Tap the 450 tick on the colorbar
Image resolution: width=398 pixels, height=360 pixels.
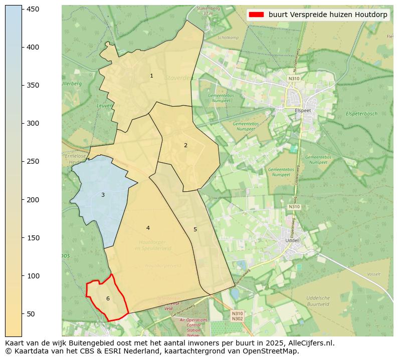click(22, 9)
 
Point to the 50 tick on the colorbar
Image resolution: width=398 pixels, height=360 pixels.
click(22, 314)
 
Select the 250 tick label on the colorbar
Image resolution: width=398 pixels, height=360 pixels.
click(33, 161)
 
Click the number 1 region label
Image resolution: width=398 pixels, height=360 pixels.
click(151, 76)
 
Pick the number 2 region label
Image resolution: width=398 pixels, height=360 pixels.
click(185, 145)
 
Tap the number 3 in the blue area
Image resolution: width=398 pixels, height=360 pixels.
click(103, 195)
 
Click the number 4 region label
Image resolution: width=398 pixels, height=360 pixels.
click(148, 228)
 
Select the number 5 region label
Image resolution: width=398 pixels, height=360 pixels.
click(195, 229)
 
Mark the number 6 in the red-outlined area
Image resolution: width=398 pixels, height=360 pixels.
click(108, 298)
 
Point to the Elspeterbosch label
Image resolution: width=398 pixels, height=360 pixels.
click(361, 114)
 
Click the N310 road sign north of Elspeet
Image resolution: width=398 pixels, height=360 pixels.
click(294, 79)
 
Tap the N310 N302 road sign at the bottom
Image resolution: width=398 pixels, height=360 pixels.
click(238, 316)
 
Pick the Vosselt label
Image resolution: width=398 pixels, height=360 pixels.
click(373, 274)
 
